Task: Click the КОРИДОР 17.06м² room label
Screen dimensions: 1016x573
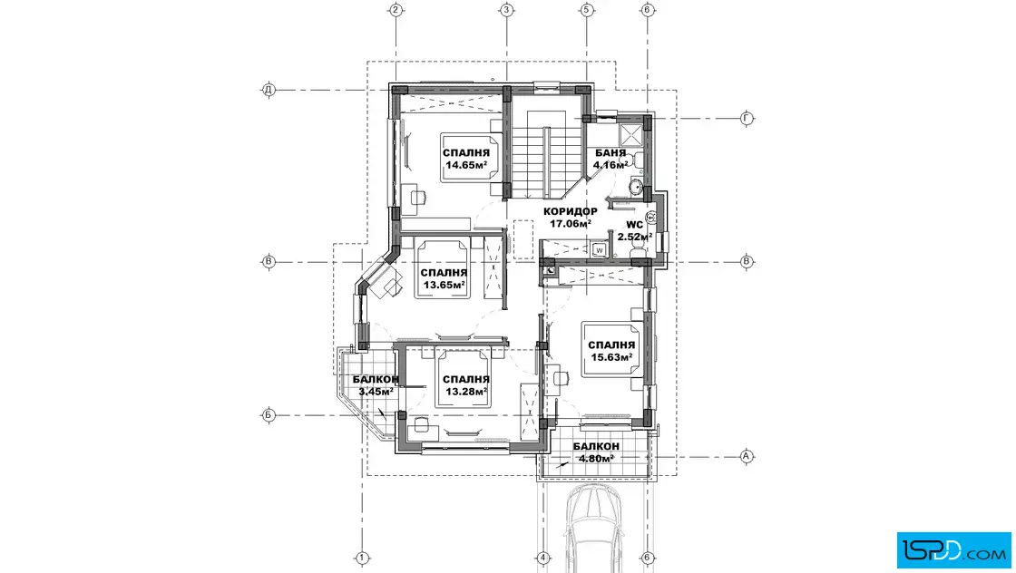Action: [x=571, y=218]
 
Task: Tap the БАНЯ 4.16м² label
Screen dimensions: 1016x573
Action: [x=611, y=159]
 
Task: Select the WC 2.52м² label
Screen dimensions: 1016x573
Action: [x=634, y=230]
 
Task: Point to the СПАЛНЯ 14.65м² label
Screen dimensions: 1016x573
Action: [x=466, y=159]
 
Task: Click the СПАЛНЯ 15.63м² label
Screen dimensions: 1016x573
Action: [x=611, y=351]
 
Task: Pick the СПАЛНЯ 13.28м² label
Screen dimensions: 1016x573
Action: [x=466, y=385]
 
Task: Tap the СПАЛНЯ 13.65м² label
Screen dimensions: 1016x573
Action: [x=444, y=278]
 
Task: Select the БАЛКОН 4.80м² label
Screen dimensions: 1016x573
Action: [x=596, y=452]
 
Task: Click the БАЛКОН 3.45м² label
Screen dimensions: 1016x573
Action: [x=376, y=385]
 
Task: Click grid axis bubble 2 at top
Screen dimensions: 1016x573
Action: [x=396, y=10]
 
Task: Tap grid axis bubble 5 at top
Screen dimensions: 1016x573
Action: [x=586, y=10]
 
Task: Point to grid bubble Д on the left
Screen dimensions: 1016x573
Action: [x=269, y=90]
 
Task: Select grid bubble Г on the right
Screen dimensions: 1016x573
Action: [x=747, y=119]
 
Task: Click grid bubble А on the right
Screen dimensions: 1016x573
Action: [x=747, y=456]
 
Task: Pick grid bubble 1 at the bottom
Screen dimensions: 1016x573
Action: [x=362, y=558]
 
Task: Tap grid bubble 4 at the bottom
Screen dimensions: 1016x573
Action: [x=543, y=558]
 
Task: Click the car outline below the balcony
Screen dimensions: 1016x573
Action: [x=594, y=528]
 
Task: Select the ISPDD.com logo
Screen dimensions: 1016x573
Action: [x=953, y=550]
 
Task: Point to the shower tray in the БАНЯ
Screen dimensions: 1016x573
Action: [x=630, y=135]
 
